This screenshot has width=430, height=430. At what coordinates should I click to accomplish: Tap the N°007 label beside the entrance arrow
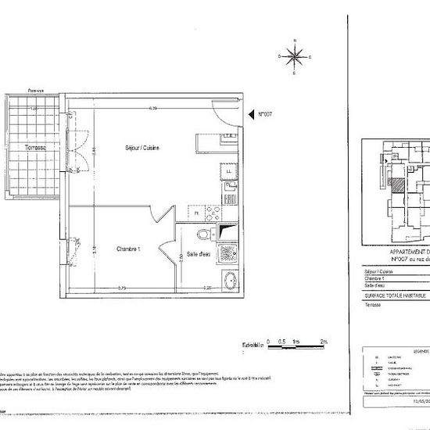tap(271, 113)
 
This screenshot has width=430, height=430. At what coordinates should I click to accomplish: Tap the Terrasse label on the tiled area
tap(34, 147)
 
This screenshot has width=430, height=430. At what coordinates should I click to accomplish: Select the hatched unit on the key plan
tap(400, 186)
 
